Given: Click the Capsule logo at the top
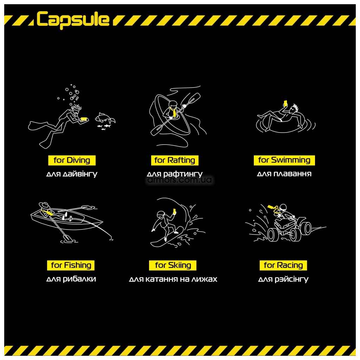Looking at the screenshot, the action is pyautogui.click(x=73, y=20).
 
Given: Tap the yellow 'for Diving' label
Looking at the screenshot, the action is pyautogui.click(x=72, y=160).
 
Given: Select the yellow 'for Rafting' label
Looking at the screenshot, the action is pyautogui.click(x=175, y=160).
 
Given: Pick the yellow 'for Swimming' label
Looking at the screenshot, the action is pyautogui.click(x=284, y=160).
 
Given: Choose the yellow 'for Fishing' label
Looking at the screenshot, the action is pyautogui.click(x=71, y=265).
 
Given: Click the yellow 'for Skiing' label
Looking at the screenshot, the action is pyautogui.click(x=173, y=265).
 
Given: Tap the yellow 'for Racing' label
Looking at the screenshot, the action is pyautogui.click(x=283, y=265).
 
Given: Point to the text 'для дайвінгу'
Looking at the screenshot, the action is pyautogui.click(x=72, y=174).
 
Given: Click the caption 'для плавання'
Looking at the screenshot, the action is pyautogui.click(x=284, y=174).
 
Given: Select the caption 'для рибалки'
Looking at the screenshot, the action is pyautogui.click(x=71, y=279).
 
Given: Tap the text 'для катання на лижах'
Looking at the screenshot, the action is pyautogui.click(x=173, y=279).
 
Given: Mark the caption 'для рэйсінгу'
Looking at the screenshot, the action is pyautogui.click(x=283, y=279).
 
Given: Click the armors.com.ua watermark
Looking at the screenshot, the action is pyautogui.click(x=180, y=180).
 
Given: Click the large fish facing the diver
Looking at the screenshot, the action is pyautogui.click(x=104, y=118).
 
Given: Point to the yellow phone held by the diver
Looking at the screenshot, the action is pyautogui.click(x=84, y=119).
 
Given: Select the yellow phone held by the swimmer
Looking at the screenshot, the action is pyautogui.click(x=285, y=103).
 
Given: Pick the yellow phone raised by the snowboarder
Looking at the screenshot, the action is pyautogui.click(x=174, y=211).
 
